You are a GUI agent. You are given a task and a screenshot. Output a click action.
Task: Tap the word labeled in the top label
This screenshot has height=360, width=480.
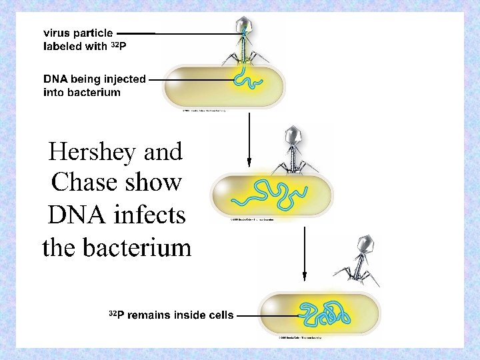[61, 47]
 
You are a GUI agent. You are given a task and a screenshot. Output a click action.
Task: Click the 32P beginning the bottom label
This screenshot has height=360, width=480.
[116, 314]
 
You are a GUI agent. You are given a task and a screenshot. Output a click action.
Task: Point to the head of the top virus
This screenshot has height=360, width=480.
[245, 26]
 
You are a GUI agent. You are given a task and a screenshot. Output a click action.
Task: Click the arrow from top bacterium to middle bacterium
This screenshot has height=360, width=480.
[249, 139]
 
